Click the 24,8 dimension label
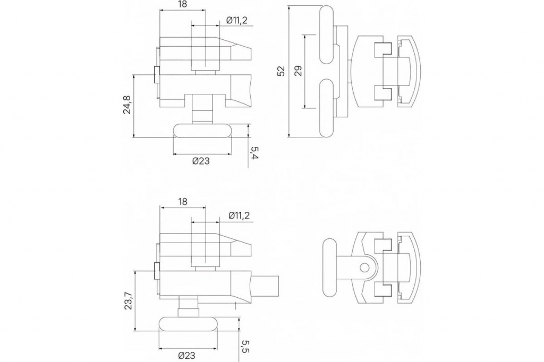click(127, 105)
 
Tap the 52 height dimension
click(281, 71)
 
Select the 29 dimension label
click(299, 71)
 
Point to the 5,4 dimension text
click(255, 153)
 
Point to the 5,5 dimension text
click(245, 347)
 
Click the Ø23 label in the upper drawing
click(201, 161)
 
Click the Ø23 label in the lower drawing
click(186, 356)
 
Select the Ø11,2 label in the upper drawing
click(236, 20)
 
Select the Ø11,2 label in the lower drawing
click(239, 216)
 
